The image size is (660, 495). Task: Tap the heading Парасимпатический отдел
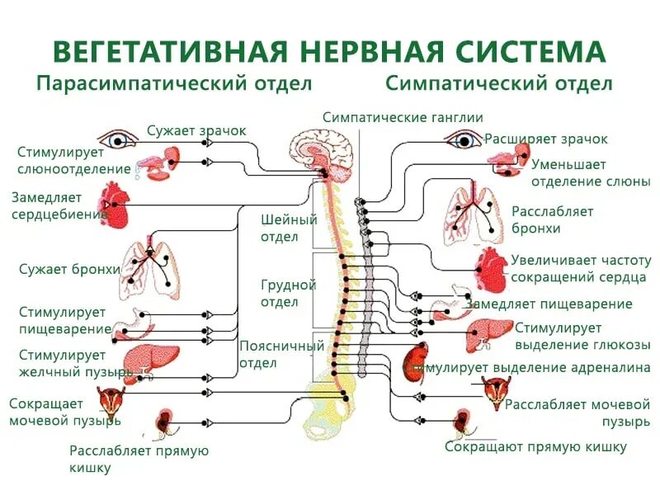pyautogui.click(x=174, y=84)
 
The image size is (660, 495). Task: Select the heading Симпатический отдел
pyautogui.click(x=498, y=84)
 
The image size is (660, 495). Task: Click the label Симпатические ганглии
pyautogui.click(x=403, y=117)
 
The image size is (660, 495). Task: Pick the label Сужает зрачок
pyautogui.click(x=196, y=130)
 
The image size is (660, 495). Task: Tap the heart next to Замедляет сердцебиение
pyautogui.click(x=115, y=205)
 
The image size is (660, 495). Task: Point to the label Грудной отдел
pyautogui.click(x=288, y=293)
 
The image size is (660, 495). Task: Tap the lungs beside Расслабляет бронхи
pyautogui.click(x=474, y=214)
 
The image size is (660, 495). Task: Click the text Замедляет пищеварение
pyautogui.click(x=549, y=304)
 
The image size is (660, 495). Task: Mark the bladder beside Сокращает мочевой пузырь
pyautogui.click(x=111, y=400)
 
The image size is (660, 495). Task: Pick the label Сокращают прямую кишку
pyautogui.click(x=535, y=446)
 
